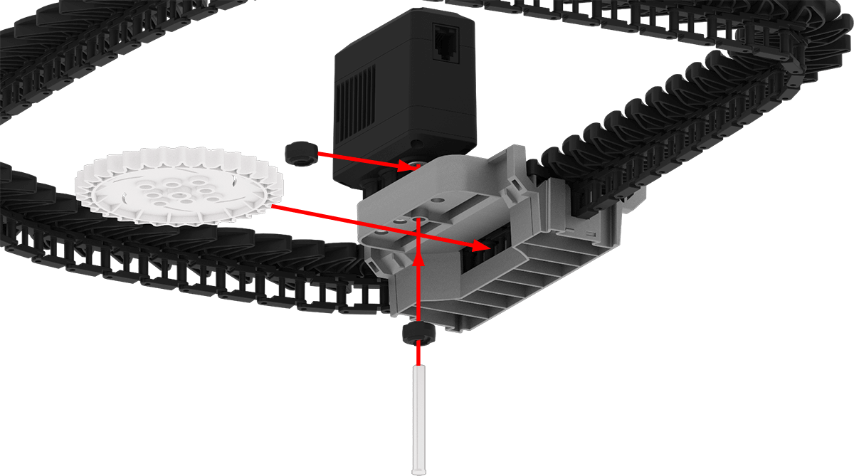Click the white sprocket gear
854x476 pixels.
[178, 186]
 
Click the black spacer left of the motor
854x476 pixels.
[300, 152]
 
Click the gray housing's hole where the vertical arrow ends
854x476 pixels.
[418, 222]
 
